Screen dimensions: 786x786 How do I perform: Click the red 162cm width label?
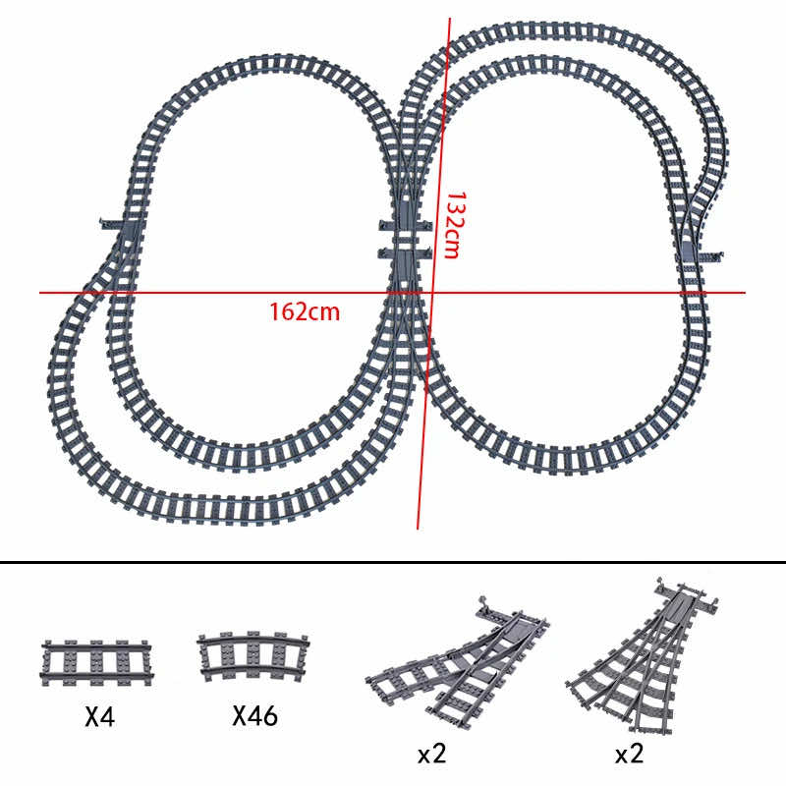[x=305, y=312]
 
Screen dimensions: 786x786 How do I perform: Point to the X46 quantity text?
[x=254, y=716]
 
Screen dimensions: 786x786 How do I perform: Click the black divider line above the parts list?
[x=393, y=563]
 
